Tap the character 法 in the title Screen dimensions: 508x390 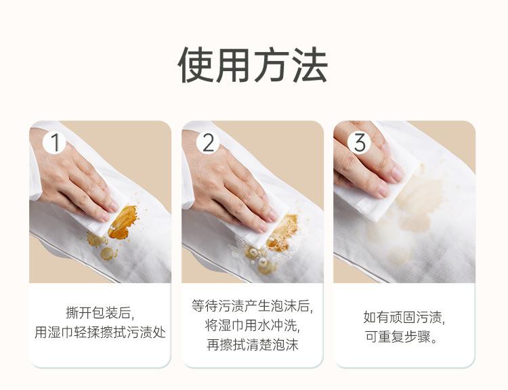coord(310,64)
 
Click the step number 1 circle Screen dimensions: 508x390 coord(55,142)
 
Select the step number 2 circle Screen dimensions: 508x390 coord(208,142)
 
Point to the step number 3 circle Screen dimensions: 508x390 coord(359,142)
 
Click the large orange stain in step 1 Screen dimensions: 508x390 coord(123,222)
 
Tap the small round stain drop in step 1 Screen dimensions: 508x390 coord(107,253)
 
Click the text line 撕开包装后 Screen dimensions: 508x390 coord(100,313)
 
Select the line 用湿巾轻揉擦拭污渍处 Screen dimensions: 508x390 coord(100,332)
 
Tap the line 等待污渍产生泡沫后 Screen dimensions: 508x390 coord(252,305)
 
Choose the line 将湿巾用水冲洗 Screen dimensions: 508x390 coord(252,325)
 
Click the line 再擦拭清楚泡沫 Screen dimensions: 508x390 coord(252,345)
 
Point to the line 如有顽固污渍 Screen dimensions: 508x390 coord(404,317)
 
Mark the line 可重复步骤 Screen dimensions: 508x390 coord(402,337)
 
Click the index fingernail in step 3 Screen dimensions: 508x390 coord(397,175)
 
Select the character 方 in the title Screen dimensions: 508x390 coord(272,64)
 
